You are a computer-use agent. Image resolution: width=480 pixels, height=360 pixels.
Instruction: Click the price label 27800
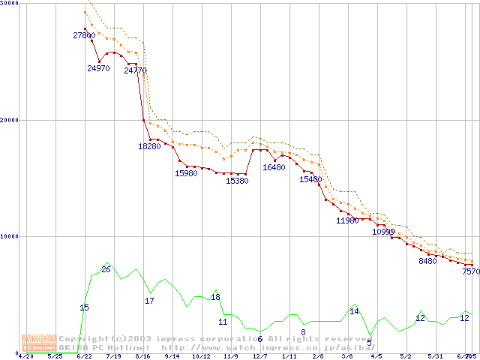84,35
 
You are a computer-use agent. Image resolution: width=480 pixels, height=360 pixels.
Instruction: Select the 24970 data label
98,68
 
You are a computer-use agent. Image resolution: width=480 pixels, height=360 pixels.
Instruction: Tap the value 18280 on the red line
149,146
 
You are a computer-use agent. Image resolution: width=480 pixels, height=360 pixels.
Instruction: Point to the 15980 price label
186,173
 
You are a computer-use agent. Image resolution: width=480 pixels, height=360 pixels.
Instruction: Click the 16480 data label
274,167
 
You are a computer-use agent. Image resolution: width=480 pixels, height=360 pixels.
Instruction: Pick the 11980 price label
347,220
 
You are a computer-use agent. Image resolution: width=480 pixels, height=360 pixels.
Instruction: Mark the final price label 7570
471,272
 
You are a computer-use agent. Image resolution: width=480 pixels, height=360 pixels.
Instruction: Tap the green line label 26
106,269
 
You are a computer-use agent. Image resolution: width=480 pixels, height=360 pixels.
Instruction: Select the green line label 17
149,301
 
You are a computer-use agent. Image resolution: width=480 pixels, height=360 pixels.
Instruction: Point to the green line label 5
369,343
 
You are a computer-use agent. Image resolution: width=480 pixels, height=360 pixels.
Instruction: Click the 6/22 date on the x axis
84,356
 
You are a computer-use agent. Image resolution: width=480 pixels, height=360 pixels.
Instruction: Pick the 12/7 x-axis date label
259,356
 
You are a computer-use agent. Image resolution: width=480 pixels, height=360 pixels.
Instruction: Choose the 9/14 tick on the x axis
172,356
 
